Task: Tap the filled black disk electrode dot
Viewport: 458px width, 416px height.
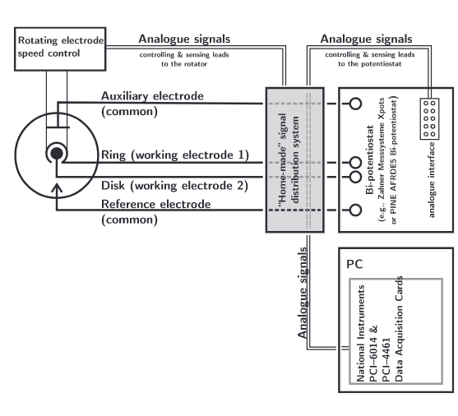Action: point(57,154)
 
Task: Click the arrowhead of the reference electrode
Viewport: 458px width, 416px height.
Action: point(57,187)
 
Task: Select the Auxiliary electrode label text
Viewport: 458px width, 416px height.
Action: point(152,96)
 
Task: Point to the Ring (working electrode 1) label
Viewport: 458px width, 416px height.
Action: point(175,155)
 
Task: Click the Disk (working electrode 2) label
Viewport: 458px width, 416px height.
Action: point(174,186)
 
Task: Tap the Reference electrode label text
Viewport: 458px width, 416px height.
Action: point(155,204)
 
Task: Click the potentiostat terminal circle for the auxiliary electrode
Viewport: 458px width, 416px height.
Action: point(355,104)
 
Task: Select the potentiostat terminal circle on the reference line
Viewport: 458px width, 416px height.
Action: point(355,210)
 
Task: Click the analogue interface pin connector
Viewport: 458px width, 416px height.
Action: point(429,118)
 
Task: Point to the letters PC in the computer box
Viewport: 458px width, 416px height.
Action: point(354,264)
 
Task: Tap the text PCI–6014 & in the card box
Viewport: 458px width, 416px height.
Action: point(374,354)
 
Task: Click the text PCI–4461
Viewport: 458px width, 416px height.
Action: point(386,360)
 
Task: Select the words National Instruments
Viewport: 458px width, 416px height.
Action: point(361,333)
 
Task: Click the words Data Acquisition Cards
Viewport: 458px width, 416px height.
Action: point(399,329)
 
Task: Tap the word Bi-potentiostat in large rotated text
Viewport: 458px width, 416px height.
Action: point(370,159)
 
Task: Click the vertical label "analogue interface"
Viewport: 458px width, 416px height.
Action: point(432,180)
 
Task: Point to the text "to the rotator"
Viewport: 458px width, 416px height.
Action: point(184,64)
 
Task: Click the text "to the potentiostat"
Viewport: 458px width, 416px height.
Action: point(370,64)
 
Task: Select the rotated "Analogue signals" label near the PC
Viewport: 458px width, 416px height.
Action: point(303,293)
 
